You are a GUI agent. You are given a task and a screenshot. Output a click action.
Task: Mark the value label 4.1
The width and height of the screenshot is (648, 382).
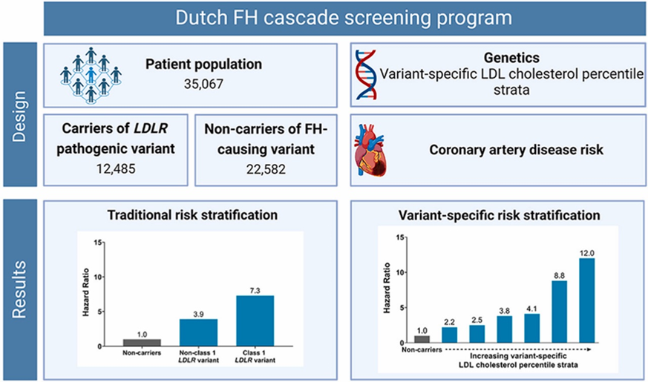[x=531, y=306]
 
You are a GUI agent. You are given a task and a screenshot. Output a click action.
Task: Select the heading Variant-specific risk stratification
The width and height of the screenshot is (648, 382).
[x=500, y=215]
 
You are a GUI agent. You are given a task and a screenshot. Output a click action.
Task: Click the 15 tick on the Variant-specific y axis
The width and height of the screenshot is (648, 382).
[x=402, y=238]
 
